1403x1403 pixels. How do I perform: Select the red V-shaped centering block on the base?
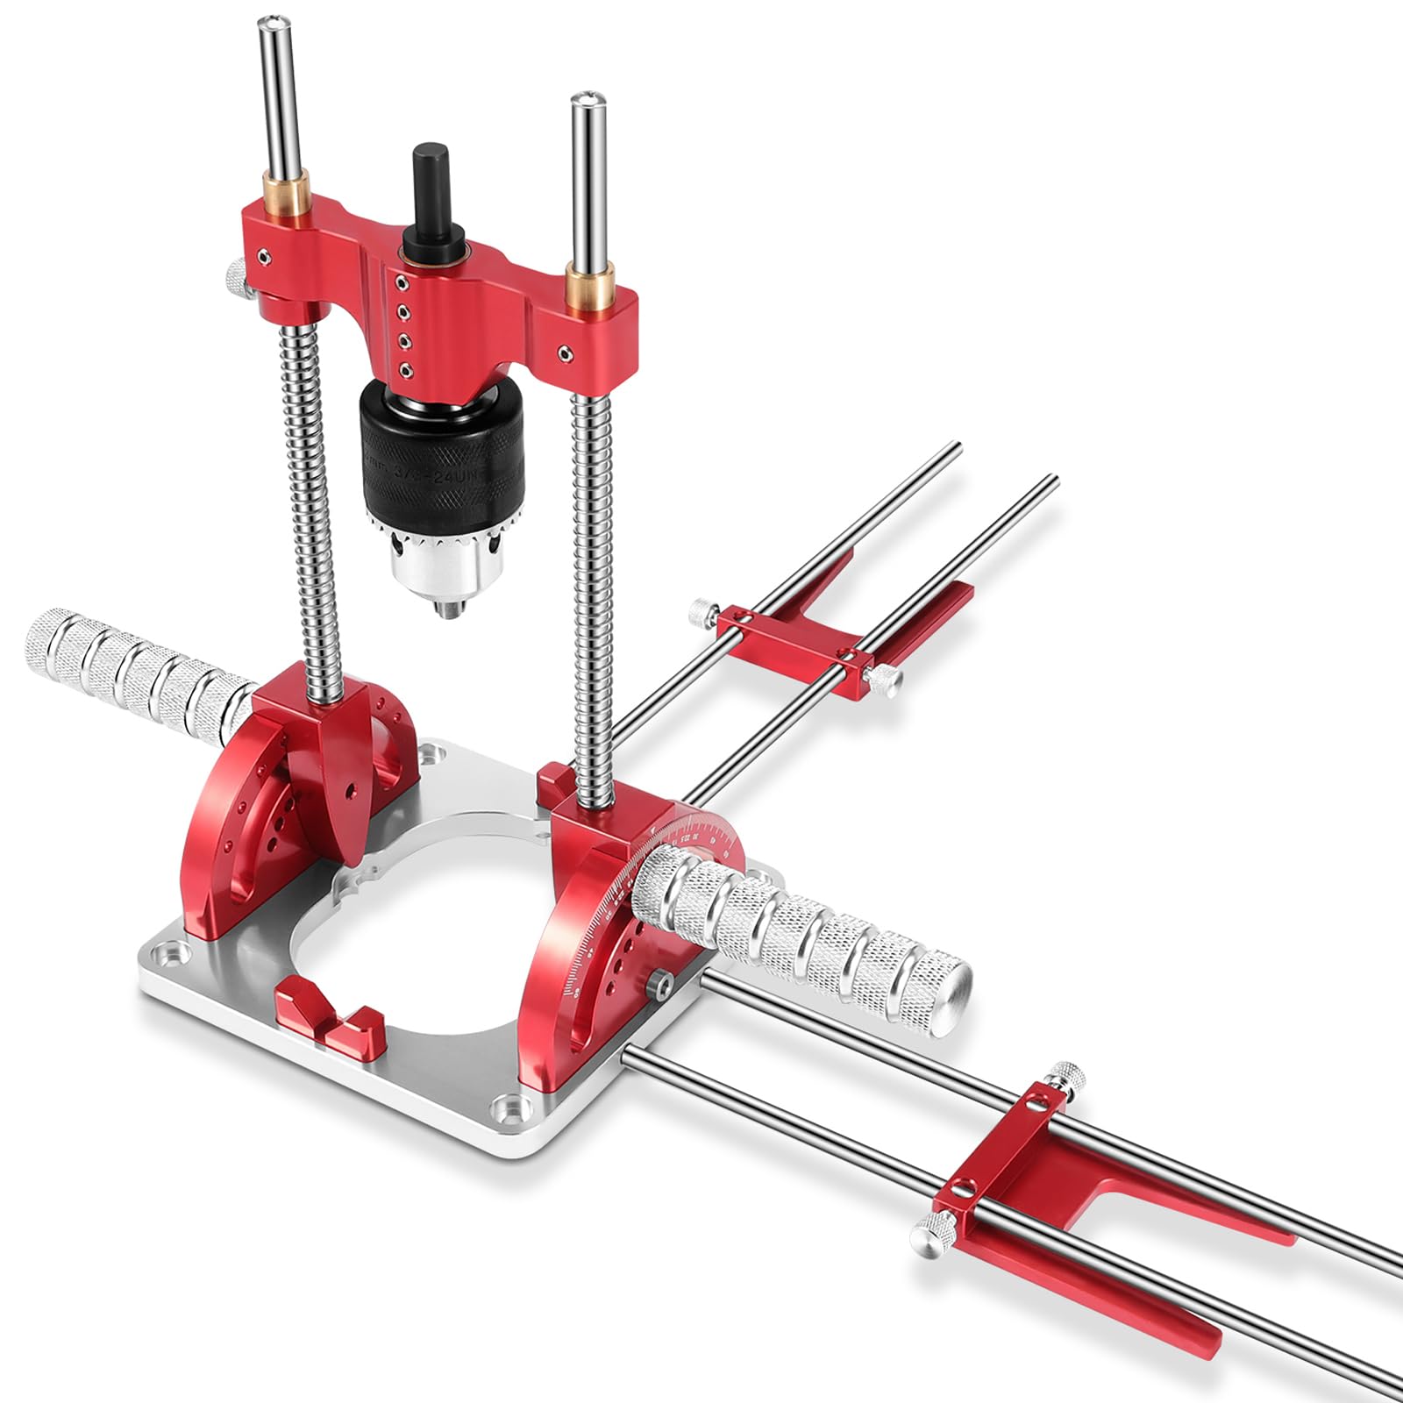[x=329, y=1022]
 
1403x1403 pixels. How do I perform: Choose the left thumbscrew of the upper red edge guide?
[x=702, y=607]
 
